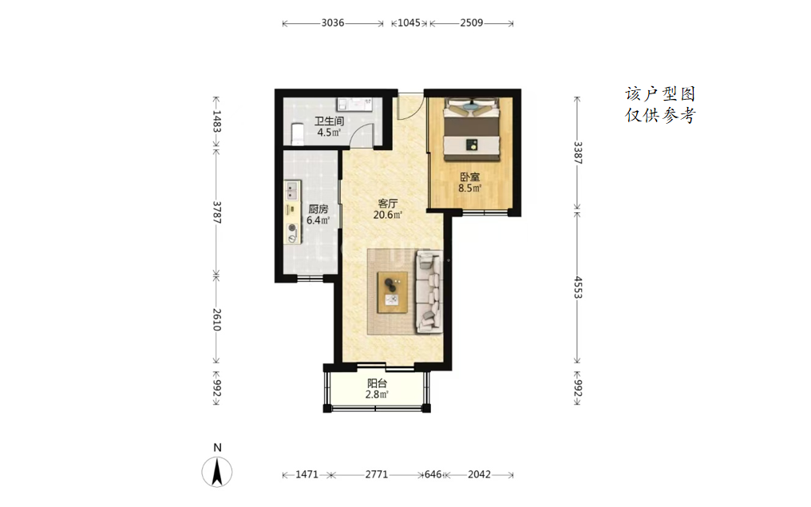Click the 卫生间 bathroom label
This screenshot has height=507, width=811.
(x=330, y=121)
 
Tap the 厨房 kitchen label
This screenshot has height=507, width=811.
(x=318, y=209)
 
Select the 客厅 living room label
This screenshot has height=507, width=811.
(x=387, y=204)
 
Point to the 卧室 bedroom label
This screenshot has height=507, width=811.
(x=469, y=177)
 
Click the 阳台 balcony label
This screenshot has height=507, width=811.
(x=377, y=383)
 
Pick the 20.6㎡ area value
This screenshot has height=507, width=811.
(x=387, y=215)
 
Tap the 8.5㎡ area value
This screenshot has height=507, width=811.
(x=469, y=188)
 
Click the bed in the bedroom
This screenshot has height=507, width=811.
(x=472, y=130)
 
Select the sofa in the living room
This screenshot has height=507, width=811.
(x=429, y=291)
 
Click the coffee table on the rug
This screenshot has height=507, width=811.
(x=393, y=292)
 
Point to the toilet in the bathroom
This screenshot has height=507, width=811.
(x=297, y=133)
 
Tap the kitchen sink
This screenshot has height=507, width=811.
(x=292, y=190)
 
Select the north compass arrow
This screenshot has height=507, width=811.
(x=217, y=472)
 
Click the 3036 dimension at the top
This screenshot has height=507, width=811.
(x=333, y=23)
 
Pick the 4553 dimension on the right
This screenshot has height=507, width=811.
(x=578, y=287)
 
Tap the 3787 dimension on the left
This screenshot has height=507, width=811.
(x=216, y=212)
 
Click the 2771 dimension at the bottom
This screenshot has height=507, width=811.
(x=377, y=474)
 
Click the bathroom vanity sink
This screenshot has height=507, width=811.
(x=354, y=104)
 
